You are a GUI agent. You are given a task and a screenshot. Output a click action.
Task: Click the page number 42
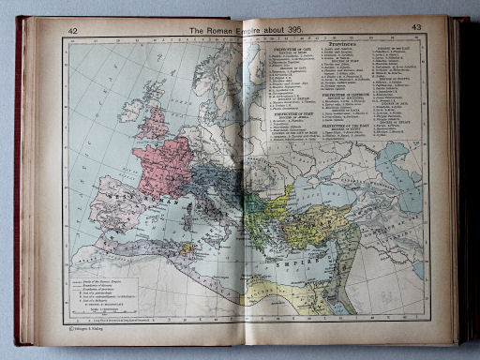(72, 31)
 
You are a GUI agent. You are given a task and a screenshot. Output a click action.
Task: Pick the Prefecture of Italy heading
(281, 140)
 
